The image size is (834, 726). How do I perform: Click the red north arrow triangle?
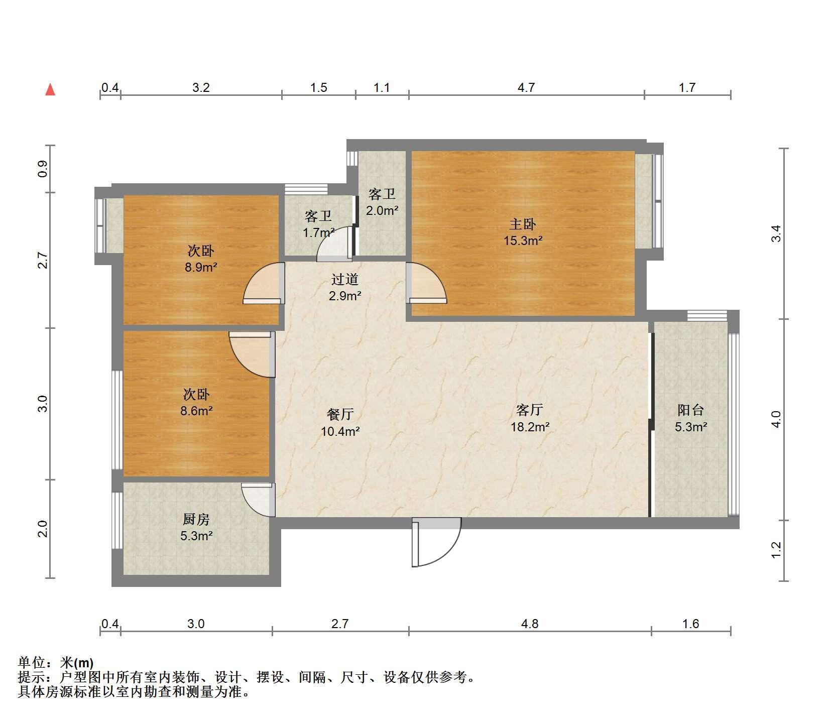click(50, 90)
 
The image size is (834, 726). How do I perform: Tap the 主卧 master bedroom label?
click(523, 224)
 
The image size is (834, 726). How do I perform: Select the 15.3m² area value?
click(523, 240)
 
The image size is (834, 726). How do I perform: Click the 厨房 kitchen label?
click(196, 519)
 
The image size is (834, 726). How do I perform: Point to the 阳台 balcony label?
click(691, 410)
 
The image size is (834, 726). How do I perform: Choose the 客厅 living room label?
click(530, 410)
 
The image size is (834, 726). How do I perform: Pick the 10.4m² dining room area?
click(340, 431)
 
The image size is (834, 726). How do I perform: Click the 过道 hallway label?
click(345, 279)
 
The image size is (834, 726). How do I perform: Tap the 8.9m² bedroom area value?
click(201, 267)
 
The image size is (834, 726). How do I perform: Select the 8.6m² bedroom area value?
click(196, 411)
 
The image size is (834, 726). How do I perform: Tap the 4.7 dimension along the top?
click(526, 88)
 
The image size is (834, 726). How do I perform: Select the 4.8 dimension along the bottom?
click(530, 624)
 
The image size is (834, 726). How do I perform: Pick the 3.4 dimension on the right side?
click(776, 234)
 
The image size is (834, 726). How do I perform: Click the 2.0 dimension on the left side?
click(43, 529)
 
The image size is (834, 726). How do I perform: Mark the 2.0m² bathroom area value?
click(382, 211)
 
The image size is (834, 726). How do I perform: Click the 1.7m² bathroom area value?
click(319, 233)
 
